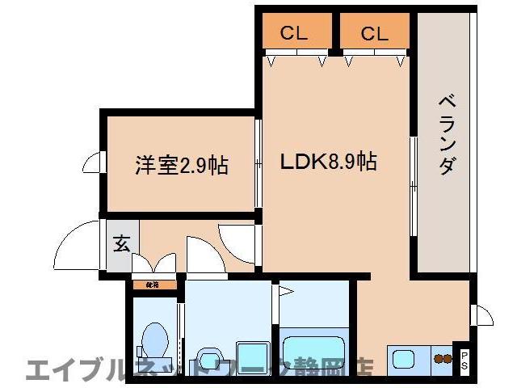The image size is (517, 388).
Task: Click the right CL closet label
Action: point(375,33)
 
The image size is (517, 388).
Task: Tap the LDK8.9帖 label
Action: point(327,161)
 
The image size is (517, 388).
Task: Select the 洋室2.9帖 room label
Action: point(181,166)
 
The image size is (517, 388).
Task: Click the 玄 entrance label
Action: point(120,243)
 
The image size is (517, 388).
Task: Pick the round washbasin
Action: point(208,359)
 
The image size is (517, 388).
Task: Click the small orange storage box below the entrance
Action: point(150,285)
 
